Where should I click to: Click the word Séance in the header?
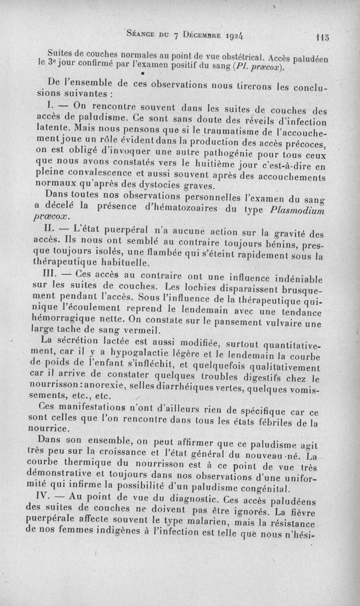(x=143, y=33)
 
